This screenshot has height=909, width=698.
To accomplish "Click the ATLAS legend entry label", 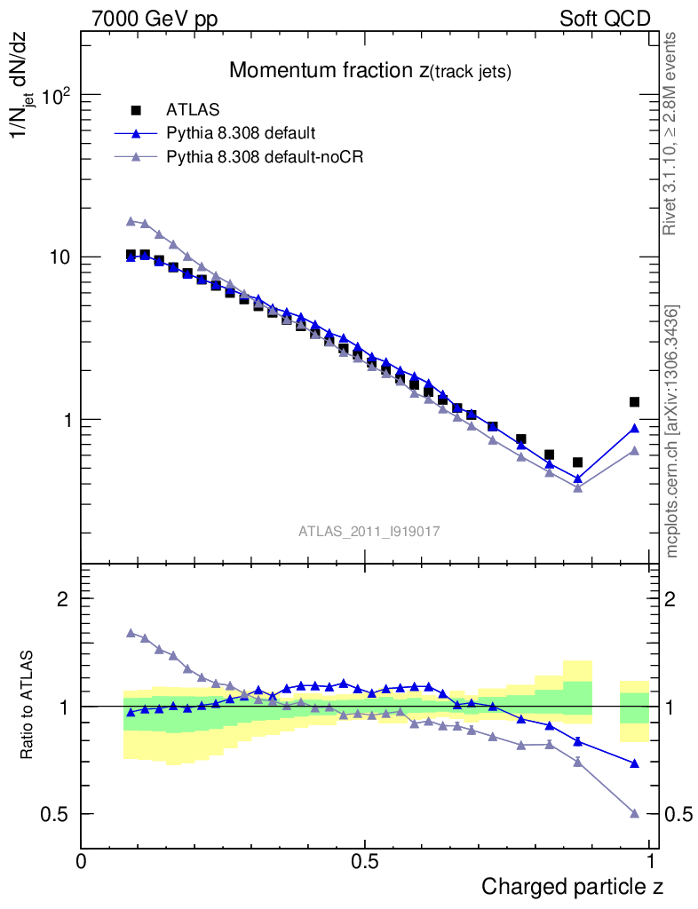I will coord(193,110).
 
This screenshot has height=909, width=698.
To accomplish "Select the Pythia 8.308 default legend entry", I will coord(241,133).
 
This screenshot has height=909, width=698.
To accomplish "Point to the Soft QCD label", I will coord(606,19).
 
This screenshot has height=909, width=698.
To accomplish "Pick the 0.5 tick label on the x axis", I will coord(364,862).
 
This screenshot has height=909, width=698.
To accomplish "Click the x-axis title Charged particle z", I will coord(572,887).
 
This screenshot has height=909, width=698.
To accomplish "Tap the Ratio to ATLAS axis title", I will coord(28,706).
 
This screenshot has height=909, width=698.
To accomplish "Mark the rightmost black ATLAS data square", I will coord(634,402).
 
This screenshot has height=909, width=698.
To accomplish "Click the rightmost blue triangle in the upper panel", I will coord(634,429).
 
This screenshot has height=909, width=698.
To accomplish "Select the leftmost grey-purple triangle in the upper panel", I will coord(131,221).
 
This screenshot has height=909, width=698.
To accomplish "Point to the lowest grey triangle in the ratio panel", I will coord(634,813).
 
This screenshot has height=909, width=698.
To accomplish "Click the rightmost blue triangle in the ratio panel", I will coord(634,763).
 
